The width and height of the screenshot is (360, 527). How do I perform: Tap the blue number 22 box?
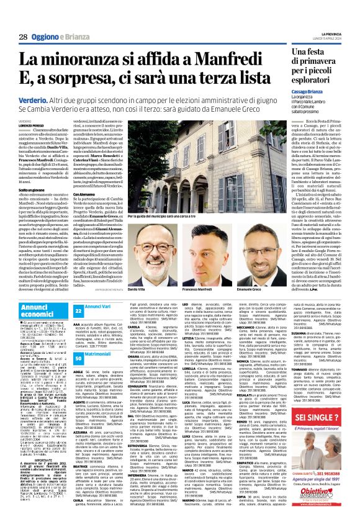pos(79,310)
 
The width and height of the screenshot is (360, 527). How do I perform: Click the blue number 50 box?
pos(79,341)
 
